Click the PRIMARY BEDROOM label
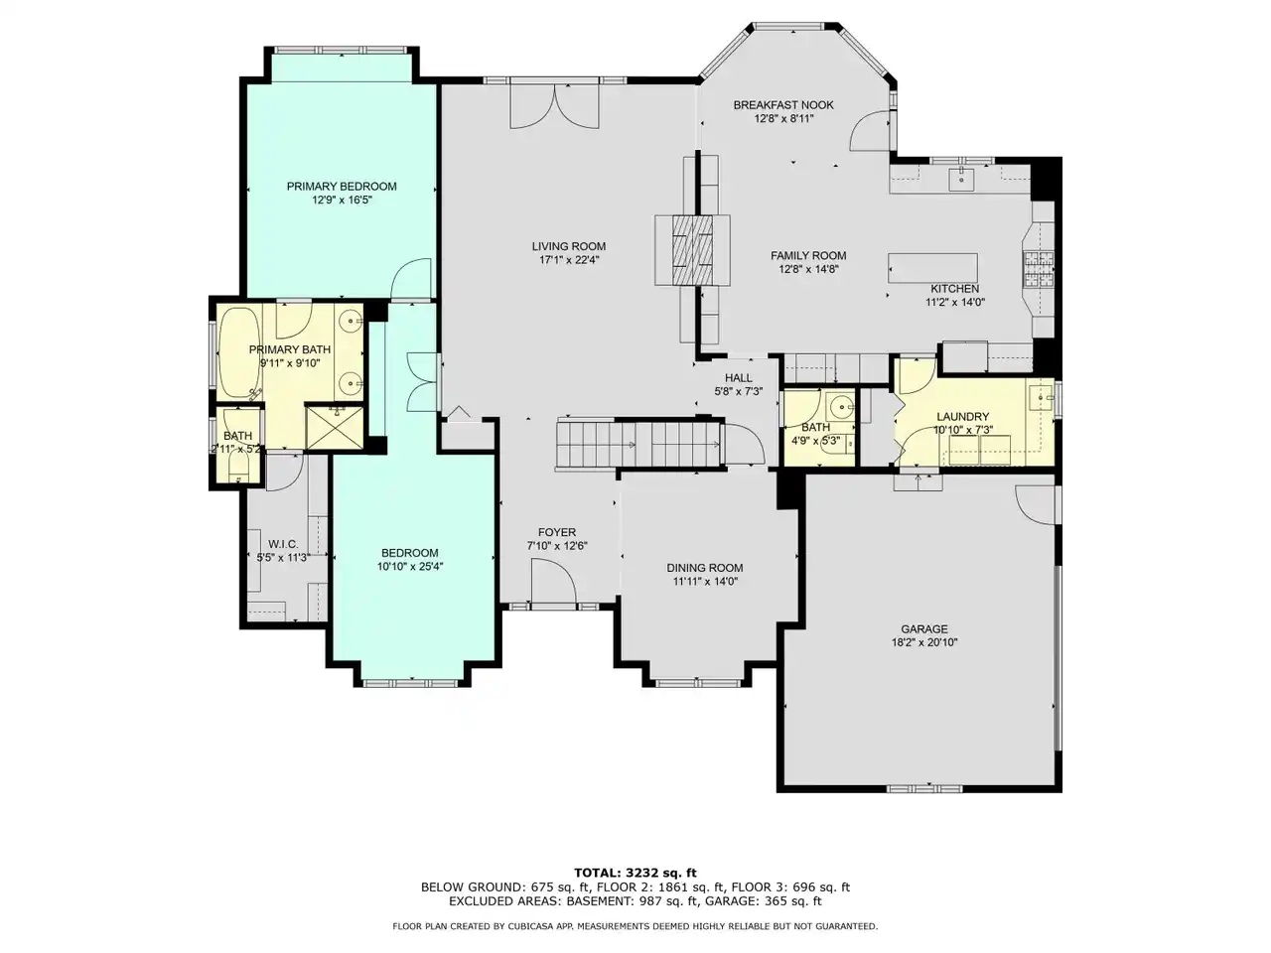coord(342,187)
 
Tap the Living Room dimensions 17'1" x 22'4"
coord(569,260)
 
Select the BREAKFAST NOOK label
coord(783,105)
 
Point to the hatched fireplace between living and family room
coord(692,250)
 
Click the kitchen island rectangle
coord(932,268)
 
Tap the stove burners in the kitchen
coord(1039,270)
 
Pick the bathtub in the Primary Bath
coord(238,352)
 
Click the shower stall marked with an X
coord(334,427)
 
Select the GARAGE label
coord(924,629)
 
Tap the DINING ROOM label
coord(705,568)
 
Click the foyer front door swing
coord(553,581)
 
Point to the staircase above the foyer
coord(639,444)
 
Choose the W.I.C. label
coord(283,544)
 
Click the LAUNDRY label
coord(962,417)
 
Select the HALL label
coord(739,378)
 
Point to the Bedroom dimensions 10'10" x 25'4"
coord(410,567)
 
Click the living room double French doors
coord(554,106)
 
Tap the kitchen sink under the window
coord(962,177)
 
